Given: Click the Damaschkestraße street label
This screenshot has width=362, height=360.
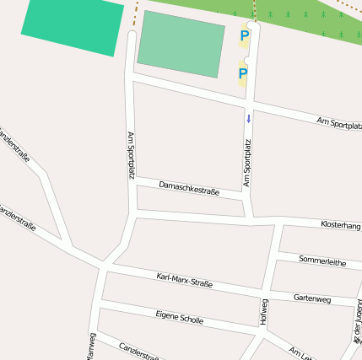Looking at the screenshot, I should pos(189,188).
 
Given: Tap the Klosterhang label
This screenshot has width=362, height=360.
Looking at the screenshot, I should pos(341,225).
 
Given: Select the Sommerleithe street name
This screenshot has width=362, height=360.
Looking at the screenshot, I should pos(322,261).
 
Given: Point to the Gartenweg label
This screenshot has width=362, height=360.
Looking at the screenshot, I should pos(312,298).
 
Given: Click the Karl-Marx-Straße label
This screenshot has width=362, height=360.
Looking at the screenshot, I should pos(185,282).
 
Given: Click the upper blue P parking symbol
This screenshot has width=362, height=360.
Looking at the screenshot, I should pos(245,36).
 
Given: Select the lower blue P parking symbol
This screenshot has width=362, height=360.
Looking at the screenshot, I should pos(243,74).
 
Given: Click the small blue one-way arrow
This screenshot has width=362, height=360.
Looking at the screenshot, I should pos(249,119).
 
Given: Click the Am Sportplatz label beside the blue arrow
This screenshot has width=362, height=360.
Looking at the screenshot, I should pos(247,163).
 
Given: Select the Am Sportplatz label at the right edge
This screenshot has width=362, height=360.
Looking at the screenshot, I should pos(339,124).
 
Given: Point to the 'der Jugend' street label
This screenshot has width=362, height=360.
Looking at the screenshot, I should pos(357,322).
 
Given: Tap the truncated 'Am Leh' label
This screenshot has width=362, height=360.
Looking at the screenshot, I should pos(300,352).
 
